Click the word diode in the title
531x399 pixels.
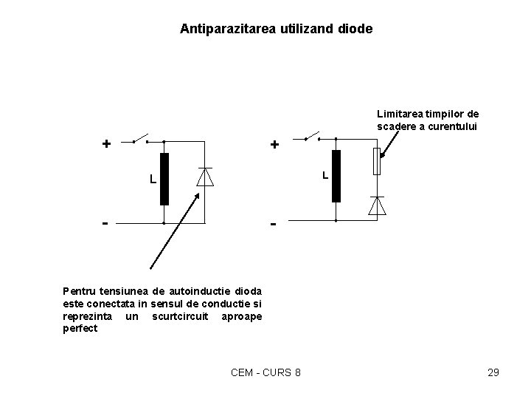[355, 30]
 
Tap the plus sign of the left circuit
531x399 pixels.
[106, 143]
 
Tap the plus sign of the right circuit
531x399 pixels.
[274, 145]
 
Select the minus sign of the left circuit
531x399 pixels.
[106, 222]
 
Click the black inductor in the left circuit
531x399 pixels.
[164, 179]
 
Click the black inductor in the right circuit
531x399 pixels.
[336, 176]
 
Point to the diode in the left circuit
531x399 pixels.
[205, 177]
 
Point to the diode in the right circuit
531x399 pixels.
[377, 205]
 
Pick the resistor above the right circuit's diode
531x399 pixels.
[377, 162]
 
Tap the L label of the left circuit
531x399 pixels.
[152, 180]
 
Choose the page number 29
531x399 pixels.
[493, 372]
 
